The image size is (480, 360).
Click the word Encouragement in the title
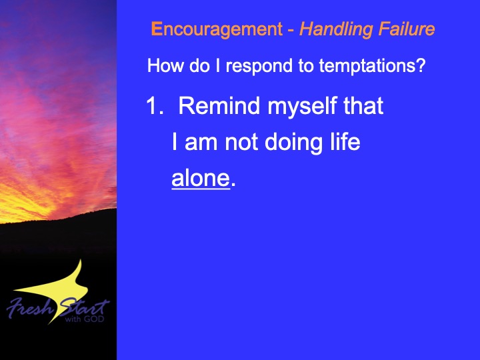[x=217, y=30]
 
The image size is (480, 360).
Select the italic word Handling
[x=336, y=30]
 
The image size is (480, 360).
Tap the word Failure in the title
[x=407, y=29]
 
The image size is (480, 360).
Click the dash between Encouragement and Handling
[x=291, y=31]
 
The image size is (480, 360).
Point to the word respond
[x=259, y=67]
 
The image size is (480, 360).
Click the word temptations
[x=367, y=65]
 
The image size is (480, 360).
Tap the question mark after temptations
[x=421, y=65]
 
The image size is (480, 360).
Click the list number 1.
[x=155, y=105]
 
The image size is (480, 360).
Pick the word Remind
[x=219, y=105]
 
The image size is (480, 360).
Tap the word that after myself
[x=363, y=105]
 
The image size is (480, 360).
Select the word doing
[x=293, y=143]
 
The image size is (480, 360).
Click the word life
[x=345, y=141]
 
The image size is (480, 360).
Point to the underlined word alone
[x=201, y=179]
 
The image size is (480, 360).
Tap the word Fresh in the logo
[x=29, y=308]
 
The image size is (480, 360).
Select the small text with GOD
[x=85, y=319]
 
